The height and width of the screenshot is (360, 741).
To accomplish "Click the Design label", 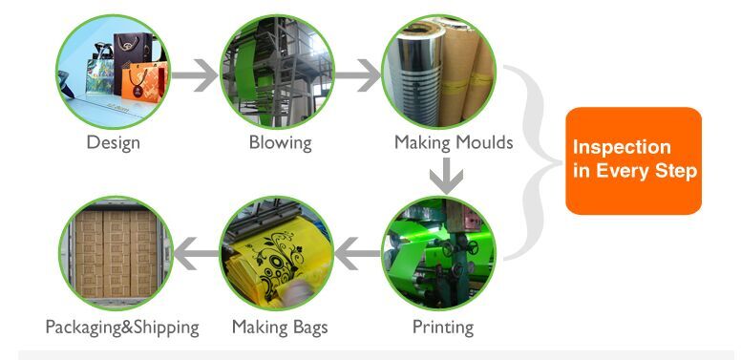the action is (113, 143).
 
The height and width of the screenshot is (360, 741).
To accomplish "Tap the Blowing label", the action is (280, 143).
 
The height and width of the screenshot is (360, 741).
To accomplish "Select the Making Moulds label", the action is (454, 143).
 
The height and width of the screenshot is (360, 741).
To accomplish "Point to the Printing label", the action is (442, 328).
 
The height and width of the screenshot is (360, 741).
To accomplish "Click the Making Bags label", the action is (280, 328).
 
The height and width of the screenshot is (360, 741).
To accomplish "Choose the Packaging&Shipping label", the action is (122, 328).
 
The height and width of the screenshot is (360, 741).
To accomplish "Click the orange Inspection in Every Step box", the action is (633, 160).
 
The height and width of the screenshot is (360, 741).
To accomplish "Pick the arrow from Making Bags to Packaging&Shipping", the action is (197, 254).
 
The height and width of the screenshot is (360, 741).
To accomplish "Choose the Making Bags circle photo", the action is (278, 253).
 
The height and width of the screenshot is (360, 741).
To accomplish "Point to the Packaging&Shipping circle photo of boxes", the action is (115, 253).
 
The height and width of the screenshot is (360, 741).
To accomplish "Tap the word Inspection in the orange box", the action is (622, 148).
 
